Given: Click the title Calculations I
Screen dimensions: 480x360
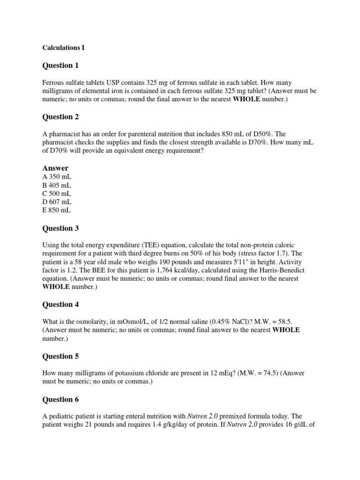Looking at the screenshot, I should (x=64, y=47).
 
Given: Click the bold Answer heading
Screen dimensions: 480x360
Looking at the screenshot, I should (x=55, y=168).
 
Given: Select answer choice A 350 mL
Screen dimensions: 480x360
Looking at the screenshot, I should (x=57, y=177).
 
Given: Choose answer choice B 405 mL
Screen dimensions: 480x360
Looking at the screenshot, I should (x=57, y=185).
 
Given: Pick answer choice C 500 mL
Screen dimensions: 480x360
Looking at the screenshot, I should (x=57, y=194).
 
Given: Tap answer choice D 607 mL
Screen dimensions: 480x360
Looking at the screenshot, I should (x=57, y=202).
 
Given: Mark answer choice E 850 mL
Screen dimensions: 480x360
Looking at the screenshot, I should (x=57, y=210).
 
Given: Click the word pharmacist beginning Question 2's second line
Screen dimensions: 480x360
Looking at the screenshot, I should (x=59, y=142).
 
